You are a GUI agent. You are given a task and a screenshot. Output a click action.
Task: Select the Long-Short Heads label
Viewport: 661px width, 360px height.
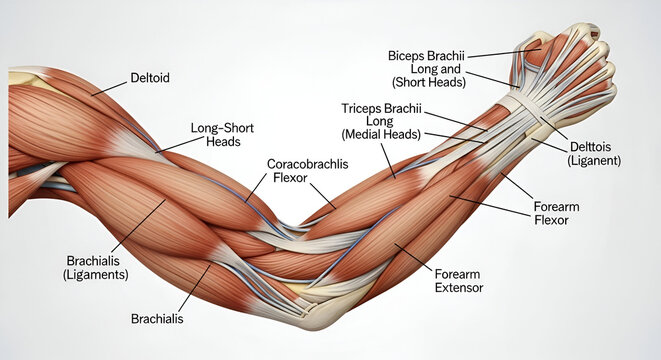click(x=216, y=135)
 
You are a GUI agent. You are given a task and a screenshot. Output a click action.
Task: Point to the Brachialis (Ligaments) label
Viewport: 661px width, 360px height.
click(x=96, y=265)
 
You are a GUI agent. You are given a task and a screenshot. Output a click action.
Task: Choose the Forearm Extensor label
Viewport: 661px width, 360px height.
click(x=459, y=279)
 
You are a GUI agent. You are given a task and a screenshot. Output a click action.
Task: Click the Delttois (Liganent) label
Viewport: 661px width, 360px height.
click(x=595, y=153)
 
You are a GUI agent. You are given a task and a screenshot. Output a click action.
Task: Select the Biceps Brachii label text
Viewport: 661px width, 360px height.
click(x=428, y=55)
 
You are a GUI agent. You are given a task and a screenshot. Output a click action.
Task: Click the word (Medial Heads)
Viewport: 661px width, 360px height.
click(x=381, y=134)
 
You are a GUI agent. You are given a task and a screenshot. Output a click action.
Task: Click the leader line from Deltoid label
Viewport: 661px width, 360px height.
click(x=110, y=87)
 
